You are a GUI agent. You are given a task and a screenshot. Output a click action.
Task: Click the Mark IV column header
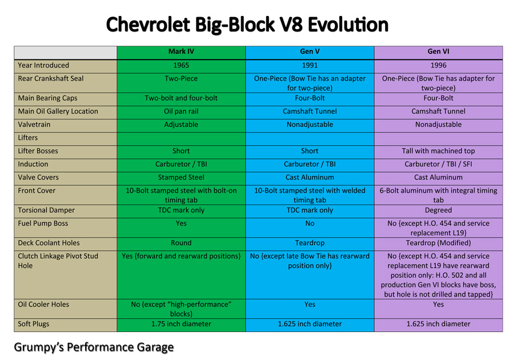pos(181,52)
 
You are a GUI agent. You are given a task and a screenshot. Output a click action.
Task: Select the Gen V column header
pos(310,52)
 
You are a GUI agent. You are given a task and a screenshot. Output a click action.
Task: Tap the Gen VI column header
pos(438,52)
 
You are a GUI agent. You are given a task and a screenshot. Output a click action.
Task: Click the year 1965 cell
pos(181,66)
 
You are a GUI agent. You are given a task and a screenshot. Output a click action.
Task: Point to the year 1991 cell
pos(310,66)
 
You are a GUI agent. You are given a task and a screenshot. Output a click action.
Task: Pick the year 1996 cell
pos(438,66)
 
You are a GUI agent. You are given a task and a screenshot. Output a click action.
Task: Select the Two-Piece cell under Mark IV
pos(181,79)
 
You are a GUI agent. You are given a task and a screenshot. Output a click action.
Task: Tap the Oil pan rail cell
pos(181,111)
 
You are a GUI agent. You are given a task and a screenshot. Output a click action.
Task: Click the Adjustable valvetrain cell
pos(181,125)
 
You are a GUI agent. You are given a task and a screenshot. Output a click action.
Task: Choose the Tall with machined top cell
pos(438,151)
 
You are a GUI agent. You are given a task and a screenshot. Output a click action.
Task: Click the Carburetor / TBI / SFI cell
pos(438,165)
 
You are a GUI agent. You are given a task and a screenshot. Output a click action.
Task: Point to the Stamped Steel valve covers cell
pos(181,178)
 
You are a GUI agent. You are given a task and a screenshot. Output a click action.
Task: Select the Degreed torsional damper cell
pos(438,210)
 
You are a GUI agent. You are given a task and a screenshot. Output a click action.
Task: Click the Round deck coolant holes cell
pos(181,243)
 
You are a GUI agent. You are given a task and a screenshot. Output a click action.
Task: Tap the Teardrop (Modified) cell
pos(438,243)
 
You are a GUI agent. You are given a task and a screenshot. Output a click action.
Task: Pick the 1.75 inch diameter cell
pos(181,324)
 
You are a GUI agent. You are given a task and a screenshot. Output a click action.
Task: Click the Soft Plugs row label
pos(34,324)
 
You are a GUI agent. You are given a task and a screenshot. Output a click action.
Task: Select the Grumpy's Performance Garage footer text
pos(94,347)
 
